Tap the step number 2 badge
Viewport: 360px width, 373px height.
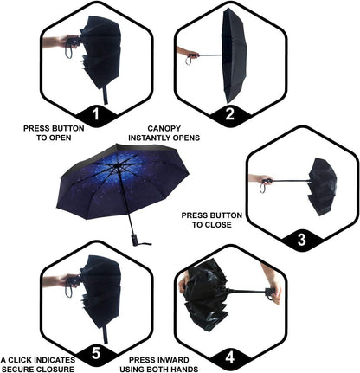228,113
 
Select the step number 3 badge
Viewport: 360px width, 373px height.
301,239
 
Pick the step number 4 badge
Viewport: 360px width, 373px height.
228,355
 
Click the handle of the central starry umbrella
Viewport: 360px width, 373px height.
135,236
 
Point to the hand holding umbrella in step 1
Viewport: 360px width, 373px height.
55,41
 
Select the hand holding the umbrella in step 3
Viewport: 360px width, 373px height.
258,180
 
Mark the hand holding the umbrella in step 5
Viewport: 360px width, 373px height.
55,280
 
